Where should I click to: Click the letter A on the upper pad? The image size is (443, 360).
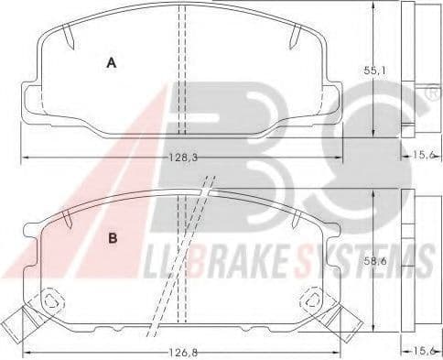tap(111, 63)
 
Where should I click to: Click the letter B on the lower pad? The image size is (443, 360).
tap(113, 239)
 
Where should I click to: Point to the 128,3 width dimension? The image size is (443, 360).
tap(181, 158)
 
